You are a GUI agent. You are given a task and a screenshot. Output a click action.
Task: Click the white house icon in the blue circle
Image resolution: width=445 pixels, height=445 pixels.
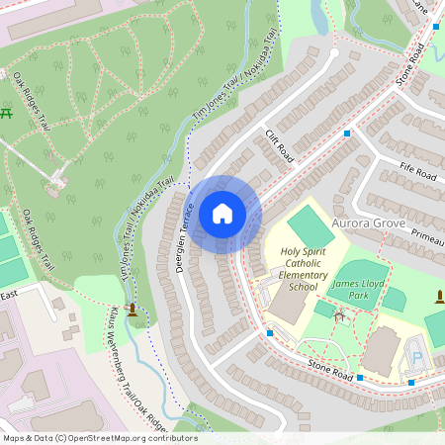tap(222, 213)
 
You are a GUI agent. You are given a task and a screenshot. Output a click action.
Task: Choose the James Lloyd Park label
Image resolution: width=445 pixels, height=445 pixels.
tap(357, 290)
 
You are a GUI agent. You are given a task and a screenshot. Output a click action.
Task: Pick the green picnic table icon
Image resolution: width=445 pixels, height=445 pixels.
tap(8, 113)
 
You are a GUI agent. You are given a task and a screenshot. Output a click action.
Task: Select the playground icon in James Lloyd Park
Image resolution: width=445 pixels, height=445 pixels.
tap(340, 316)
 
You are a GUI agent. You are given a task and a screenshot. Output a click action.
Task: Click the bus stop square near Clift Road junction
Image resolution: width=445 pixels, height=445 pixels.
tap(347, 133)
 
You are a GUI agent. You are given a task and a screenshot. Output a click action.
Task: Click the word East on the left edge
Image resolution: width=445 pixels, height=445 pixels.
tap(9, 295)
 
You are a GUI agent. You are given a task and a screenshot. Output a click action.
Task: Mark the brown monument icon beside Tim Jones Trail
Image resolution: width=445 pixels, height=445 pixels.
tap(132, 309)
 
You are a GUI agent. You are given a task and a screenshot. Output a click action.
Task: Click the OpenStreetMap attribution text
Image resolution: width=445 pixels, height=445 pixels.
tap(99, 438)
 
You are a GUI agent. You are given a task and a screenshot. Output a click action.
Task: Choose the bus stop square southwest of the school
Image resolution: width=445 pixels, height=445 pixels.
tap(270, 333)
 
